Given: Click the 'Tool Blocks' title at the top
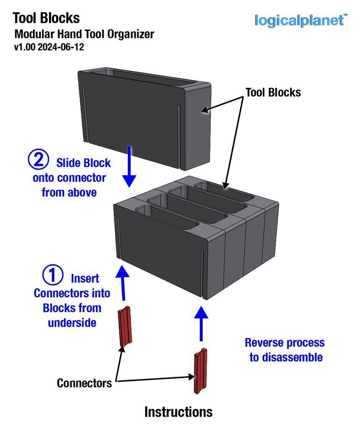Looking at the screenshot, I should (x=46, y=18).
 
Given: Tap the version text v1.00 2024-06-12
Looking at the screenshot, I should (x=49, y=47).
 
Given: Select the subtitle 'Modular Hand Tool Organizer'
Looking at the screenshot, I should (x=84, y=34).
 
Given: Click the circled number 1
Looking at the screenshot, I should (x=54, y=275).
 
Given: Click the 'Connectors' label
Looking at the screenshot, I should (x=84, y=383).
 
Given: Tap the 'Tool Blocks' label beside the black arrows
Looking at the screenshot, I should (x=273, y=92).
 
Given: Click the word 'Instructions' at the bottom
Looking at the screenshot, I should (x=178, y=412).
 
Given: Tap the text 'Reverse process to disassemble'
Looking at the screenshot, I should (x=285, y=350).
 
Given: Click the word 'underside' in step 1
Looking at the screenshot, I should (x=72, y=322).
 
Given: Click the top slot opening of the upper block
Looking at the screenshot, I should (x=143, y=78).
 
